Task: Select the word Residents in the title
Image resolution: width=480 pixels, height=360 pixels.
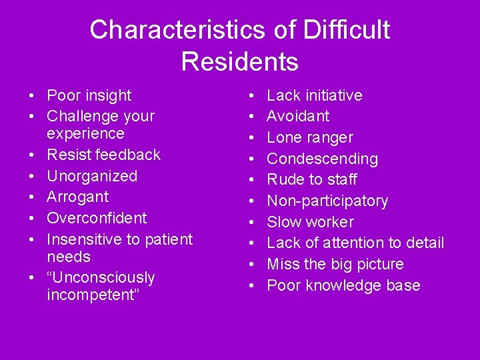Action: pos(239,62)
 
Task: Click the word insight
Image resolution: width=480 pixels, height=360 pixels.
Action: pos(109,95)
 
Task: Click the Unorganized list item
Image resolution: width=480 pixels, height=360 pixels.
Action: pos(92,176)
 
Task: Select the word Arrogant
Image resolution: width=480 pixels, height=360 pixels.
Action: pos(77,197)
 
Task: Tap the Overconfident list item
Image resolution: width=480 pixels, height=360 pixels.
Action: pos(97,218)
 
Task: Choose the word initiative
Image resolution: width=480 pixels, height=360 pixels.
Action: pos(331,95)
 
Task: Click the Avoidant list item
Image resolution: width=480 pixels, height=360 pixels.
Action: pos(298,116)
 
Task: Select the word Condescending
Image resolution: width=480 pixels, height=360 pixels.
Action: pos(322,159)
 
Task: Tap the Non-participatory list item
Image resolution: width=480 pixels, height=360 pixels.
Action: pos(327,201)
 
